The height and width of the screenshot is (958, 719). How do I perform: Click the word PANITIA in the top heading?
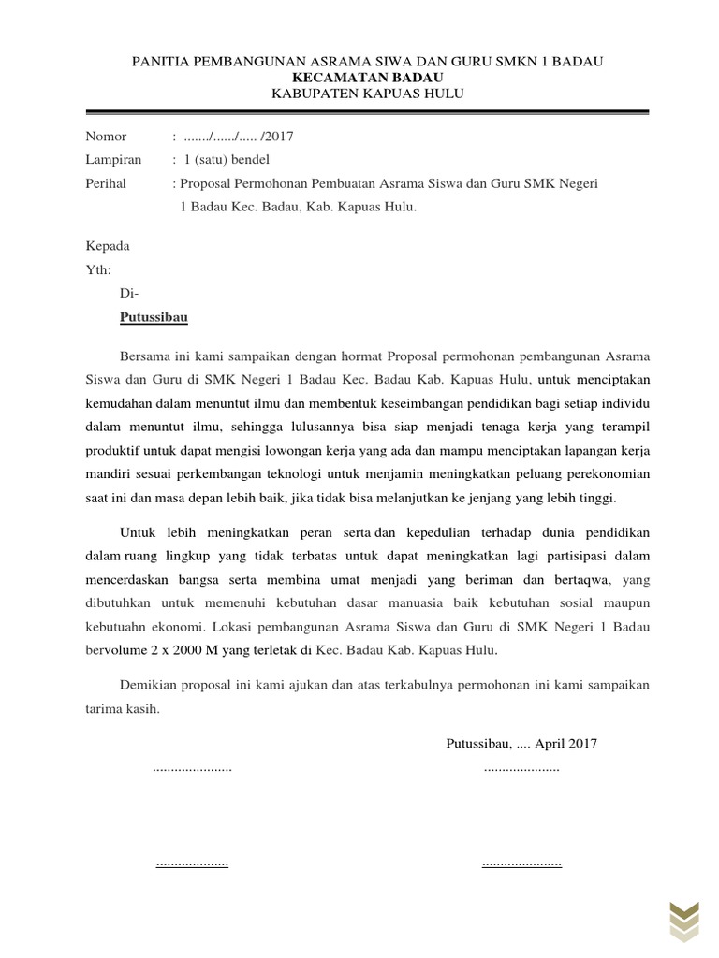(x=162, y=61)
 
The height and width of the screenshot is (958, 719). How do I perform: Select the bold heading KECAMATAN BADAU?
(x=367, y=77)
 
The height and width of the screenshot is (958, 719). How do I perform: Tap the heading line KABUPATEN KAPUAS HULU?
(x=367, y=93)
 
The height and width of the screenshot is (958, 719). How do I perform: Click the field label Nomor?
(x=106, y=137)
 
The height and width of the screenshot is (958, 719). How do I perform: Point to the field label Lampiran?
(x=112, y=160)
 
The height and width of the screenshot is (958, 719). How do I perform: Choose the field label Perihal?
(x=106, y=184)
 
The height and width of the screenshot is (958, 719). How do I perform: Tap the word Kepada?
(x=108, y=246)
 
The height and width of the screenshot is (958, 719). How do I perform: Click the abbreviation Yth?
(x=98, y=269)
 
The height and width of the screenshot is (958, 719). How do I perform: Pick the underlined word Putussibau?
(x=154, y=318)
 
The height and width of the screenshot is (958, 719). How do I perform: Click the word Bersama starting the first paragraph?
(x=147, y=356)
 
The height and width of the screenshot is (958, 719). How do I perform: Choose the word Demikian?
(x=151, y=685)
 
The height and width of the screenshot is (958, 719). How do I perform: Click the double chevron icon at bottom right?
(x=682, y=921)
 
